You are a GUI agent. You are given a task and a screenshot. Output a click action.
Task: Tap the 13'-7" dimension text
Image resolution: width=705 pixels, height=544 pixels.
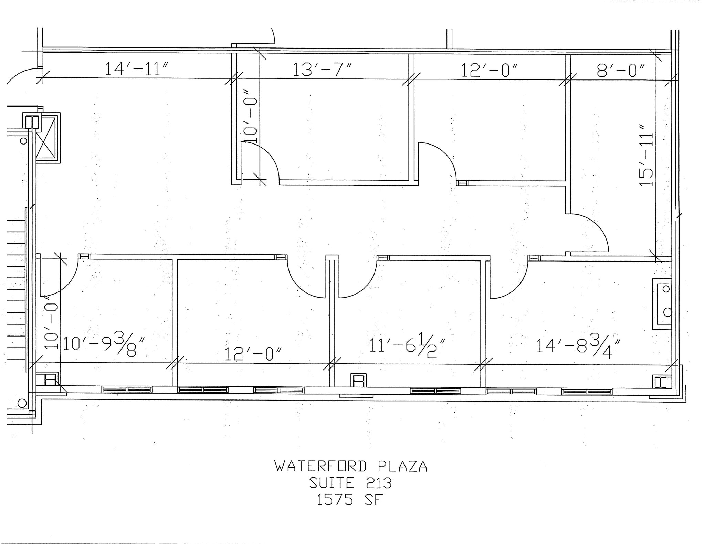coord(322,70)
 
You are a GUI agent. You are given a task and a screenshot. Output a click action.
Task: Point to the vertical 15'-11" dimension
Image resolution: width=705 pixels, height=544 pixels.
coord(646,159)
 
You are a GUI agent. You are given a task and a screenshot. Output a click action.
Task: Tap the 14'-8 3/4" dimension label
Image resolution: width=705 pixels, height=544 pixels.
coord(579,346)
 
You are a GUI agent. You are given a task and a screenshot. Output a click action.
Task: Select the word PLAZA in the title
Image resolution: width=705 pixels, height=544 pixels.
coord(402,467)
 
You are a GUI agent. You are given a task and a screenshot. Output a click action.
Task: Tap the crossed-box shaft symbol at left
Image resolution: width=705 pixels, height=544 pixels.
coord(46,139)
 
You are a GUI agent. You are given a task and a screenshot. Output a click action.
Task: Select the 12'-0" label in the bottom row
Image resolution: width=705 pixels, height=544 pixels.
coord(253,354)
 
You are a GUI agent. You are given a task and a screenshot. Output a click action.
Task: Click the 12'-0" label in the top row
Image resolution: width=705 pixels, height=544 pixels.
coord(489,70)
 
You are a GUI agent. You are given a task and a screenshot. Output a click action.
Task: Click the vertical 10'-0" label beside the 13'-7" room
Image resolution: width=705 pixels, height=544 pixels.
coord(250,120)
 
